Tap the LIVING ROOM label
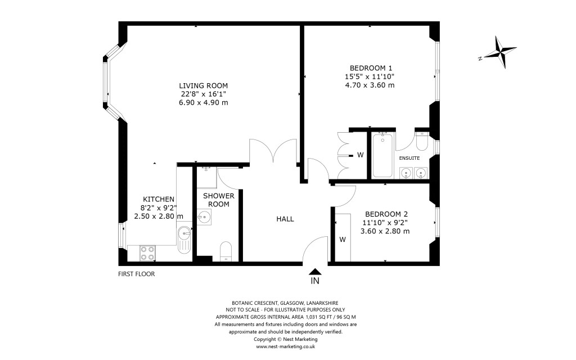203,85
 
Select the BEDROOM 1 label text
370,67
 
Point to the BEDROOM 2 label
386,214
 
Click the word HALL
285,219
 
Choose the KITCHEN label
159,199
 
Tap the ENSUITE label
409,158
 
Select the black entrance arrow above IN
315,271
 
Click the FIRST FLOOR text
136,274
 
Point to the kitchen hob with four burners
147,253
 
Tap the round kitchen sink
184,233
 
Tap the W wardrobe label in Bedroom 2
343,240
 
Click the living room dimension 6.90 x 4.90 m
203,103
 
